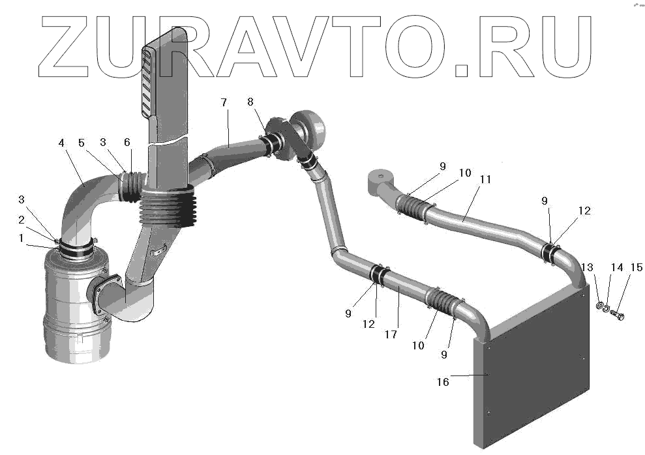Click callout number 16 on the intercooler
tap(442, 381)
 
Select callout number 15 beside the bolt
tap(635, 267)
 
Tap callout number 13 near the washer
tap(588, 267)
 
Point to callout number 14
tap(616, 267)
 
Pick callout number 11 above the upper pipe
tap(485, 179)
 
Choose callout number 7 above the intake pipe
tap(224, 103)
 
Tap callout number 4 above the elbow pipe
tap(61, 143)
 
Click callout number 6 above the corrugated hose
tap(127, 143)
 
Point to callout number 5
tap(82, 143)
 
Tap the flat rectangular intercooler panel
tap(535, 372)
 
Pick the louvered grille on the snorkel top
tap(148, 81)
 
